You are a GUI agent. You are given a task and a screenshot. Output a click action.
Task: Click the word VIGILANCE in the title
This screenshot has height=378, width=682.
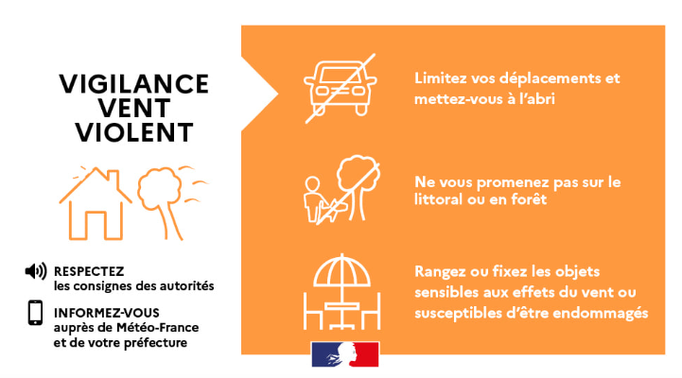point(134,84)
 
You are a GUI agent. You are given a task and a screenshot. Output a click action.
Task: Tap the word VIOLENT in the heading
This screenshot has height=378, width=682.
point(134,132)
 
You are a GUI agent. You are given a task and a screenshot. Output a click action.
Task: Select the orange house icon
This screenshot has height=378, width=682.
point(96,203)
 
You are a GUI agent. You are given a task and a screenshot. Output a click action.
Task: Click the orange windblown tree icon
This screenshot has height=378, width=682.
point(172,202)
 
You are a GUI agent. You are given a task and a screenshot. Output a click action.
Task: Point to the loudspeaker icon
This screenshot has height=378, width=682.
point(36,271)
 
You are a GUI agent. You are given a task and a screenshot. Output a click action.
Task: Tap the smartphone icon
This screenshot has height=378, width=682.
point(35,313)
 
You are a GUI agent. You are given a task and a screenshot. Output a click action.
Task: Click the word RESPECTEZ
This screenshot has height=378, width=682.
point(89,271)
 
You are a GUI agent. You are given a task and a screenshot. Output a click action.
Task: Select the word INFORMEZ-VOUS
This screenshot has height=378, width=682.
point(107,313)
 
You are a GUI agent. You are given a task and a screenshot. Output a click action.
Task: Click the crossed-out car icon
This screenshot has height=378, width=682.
point(341,88)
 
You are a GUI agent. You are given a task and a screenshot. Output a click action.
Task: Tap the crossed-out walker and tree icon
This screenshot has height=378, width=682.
point(341,190)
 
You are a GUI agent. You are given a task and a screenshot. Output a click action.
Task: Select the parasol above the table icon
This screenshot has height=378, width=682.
point(341,270)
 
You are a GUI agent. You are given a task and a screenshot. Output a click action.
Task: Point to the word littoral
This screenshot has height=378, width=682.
point(439,199)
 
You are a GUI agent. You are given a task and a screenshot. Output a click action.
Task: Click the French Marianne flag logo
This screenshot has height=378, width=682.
point(345,354)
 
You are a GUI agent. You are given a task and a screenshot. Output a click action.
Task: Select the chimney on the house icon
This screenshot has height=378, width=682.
point(114,178)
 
